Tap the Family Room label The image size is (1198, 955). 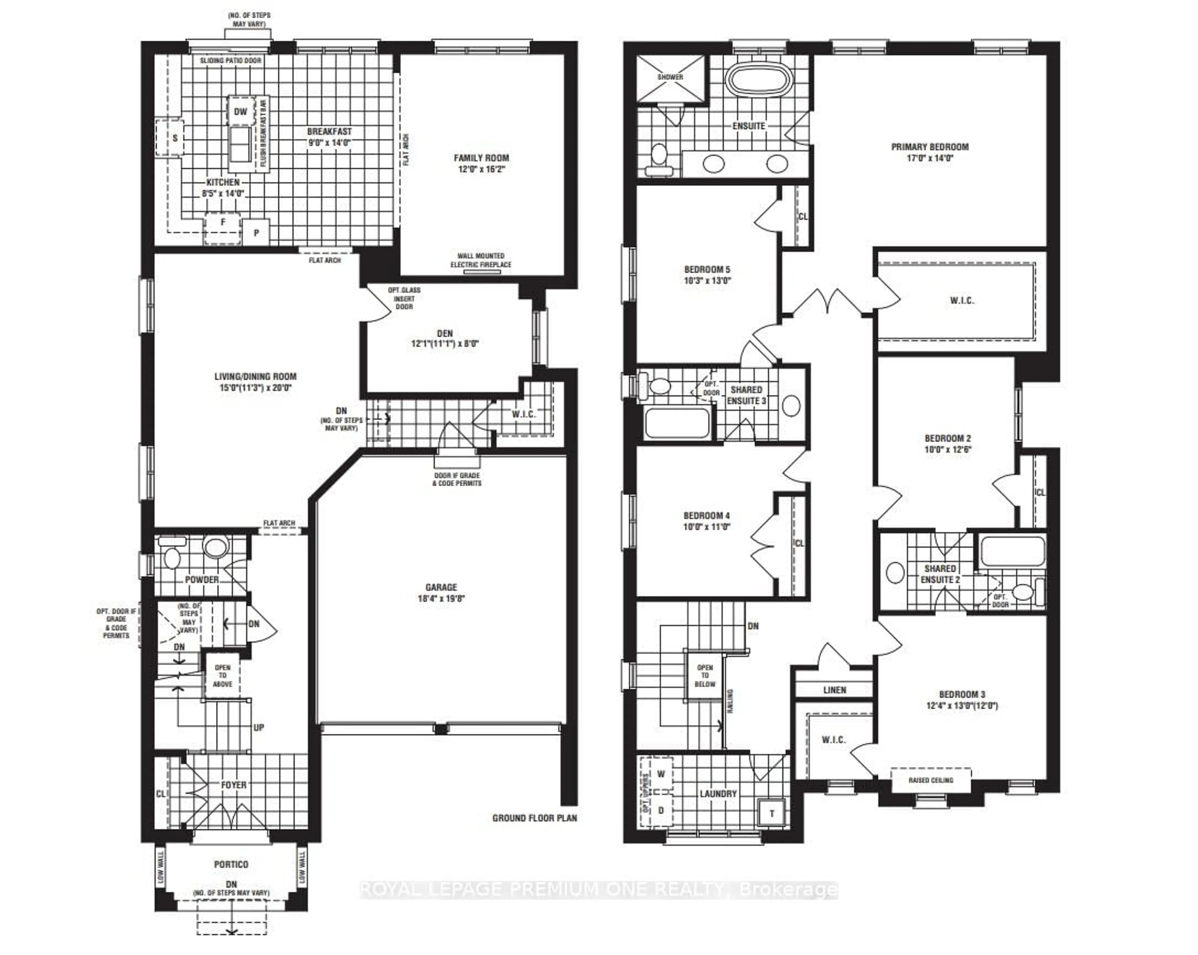(x=481, y=158)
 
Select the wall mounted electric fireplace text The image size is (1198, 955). (x=481, y=260)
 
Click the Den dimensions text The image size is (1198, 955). (x=445, y=343)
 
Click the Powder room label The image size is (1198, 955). (x=202, y=579)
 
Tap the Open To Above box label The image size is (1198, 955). (x=222, y=675)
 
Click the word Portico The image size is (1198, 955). (x=231, y=864)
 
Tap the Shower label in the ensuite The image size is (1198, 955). (x=670, y=77)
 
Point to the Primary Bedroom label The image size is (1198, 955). (x=930, y=147)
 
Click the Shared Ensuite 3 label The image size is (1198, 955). (x=746, y=395)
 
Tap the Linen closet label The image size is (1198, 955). (x=835, y=690)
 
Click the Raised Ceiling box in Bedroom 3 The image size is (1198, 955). (x=931, y=780)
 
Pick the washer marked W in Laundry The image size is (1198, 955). (x=661, y=774)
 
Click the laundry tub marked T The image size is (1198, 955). (x=772, y=813)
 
